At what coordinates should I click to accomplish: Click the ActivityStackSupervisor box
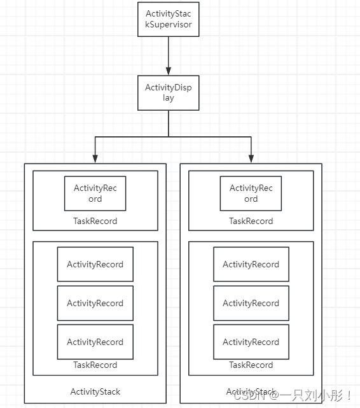pyautogui.click(x=169, y=19)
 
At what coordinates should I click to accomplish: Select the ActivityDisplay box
pyautogui.click(x=169, y=93)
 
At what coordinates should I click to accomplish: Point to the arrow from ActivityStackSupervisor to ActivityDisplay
pyautogui.click(x=169, y=55)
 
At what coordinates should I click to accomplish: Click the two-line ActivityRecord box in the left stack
pyautogui.click(x=95, y=193)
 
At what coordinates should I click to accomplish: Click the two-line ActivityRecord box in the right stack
pyautogui.click(x=251, y=193)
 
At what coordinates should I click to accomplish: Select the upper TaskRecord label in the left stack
pyautogui.click(x=95, y=222)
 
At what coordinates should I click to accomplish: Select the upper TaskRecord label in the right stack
pyautogui.click(x=251, y=222)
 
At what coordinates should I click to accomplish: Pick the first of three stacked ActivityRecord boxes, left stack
pyautogui.click(x=95, y=264)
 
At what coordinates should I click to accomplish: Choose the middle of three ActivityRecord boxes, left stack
pyautogui.click(x=95, y=303)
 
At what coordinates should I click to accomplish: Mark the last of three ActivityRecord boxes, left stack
pyautogui.click(x=95, y=342)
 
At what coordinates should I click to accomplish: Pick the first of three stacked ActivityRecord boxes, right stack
pyautogui.click(x=251, y=264)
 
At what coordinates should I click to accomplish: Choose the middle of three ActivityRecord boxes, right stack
pyautogui.click(x=251, y=303)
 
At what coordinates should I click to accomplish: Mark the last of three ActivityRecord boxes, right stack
pyautogui.click(x=251, y=342)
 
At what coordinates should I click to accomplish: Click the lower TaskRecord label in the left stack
pyautogui.click(x=95, y=365)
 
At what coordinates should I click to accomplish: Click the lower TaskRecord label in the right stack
pyautogui.click(x=251, y=365)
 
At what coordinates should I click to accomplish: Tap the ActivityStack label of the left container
pyautogui.click(x=95, y=391)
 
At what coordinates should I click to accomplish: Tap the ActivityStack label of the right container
pyautogui.click(x=251, y=391)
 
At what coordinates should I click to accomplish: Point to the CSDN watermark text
pyautogui.click(x=293, y=396)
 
